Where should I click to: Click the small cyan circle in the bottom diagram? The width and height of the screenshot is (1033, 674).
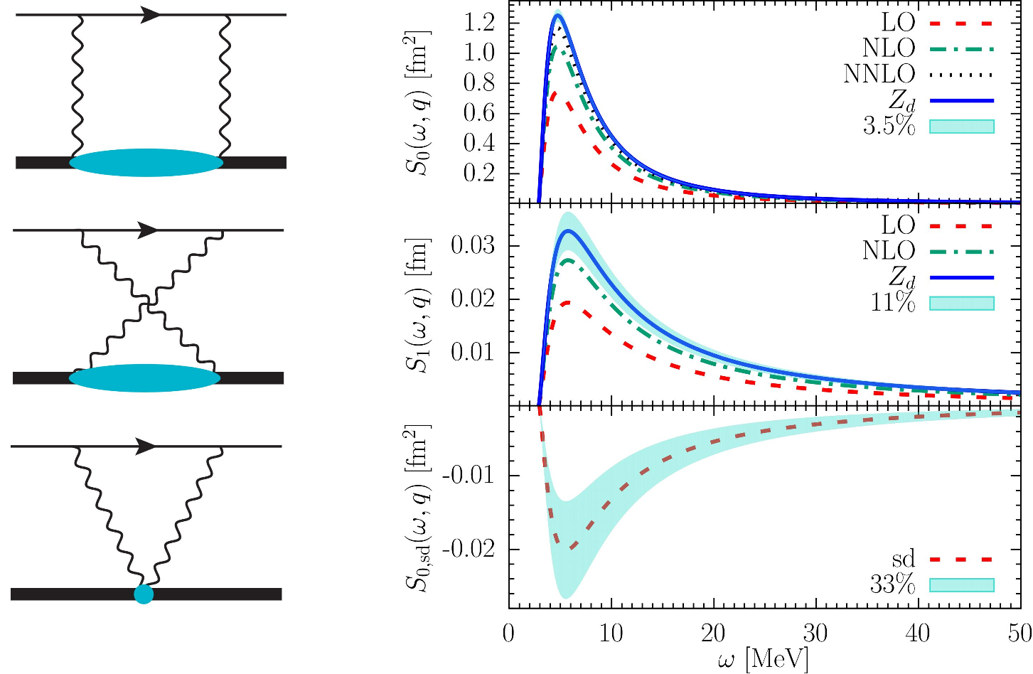click(x=144, y=594)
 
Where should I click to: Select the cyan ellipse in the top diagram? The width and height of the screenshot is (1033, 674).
click(x=146, y=162)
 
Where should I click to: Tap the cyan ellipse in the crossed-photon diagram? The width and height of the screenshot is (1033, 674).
click(x=144, y=378)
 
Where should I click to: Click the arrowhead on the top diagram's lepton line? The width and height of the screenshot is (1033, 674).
click(x=151, y=14)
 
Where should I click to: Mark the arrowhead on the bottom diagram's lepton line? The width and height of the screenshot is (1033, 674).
click(x=146, y=446)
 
